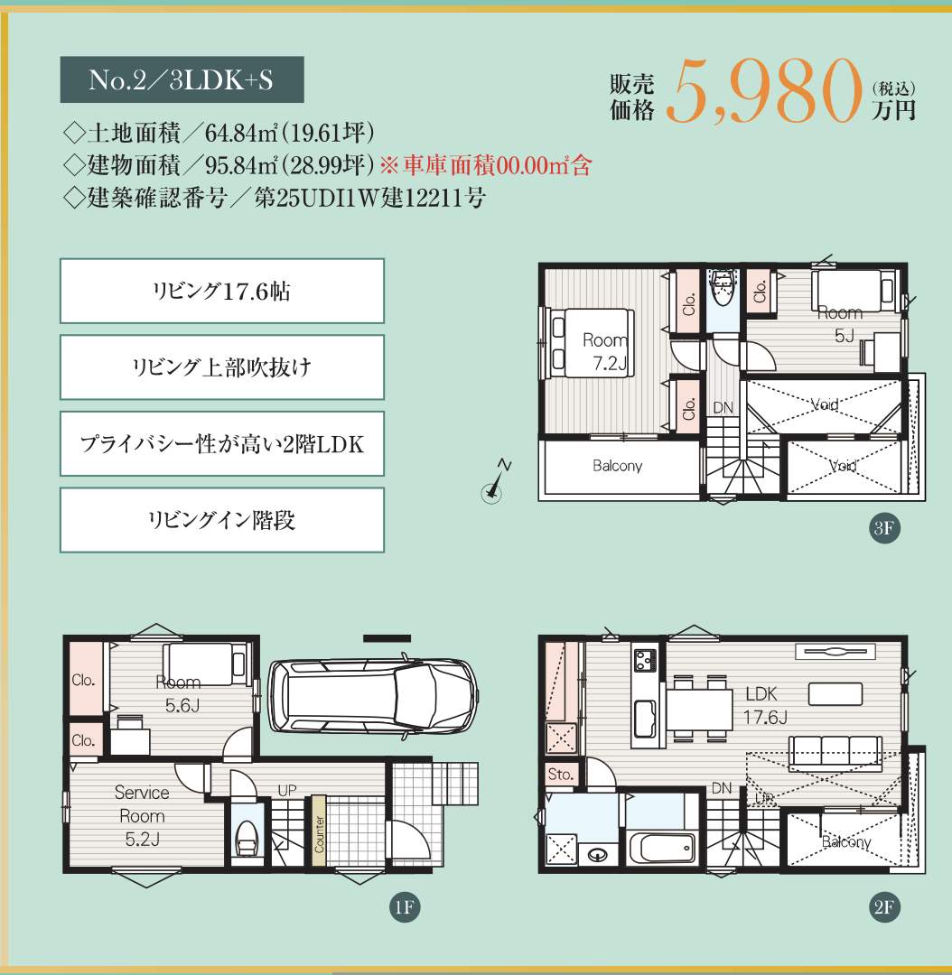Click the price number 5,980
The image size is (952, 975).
click(x=764, y=91)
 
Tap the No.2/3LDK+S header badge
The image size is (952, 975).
click(x=182, y=79)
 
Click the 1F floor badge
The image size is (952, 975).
click(x=405, y=907)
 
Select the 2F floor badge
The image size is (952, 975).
click(x=884, y=907)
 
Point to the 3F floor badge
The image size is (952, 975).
click(x=884, y=528)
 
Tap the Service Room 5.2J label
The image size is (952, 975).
click(x=142, y=816)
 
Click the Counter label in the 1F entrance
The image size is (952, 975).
click(x=319, y=833)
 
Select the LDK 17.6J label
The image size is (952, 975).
click(x=765, y=706)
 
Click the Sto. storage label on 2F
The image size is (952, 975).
click(x=561, y=775)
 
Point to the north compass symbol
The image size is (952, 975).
click(x=496, y=482)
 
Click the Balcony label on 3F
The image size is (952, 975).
click(x=617, y=466)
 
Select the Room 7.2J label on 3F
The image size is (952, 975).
click(x=605, y=352)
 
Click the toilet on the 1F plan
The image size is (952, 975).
click(x=247, y=838)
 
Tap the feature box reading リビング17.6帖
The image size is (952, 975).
click(x=222, y=291)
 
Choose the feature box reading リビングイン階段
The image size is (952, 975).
click(x=222, y=520)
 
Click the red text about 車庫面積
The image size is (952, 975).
click(x=486, y=165)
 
